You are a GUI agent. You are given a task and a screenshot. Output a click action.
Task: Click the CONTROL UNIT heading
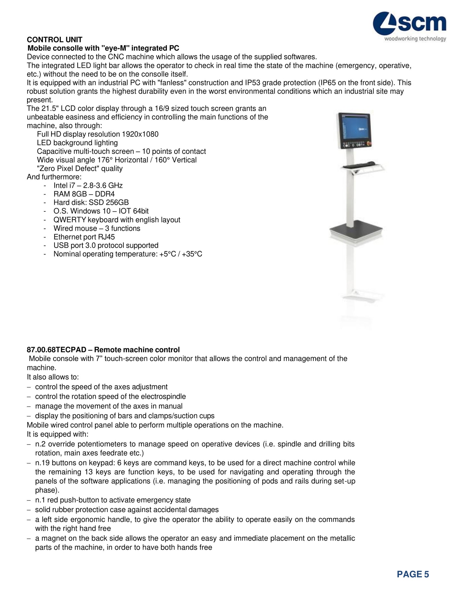54,40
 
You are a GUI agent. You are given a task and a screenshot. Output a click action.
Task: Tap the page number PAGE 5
413,574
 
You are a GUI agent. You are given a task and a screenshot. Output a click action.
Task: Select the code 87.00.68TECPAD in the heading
56,350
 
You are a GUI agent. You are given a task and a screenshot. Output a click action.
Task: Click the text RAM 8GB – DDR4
84,194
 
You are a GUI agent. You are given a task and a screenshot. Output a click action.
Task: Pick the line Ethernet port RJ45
84,237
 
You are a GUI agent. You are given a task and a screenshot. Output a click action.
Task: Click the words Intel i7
64,186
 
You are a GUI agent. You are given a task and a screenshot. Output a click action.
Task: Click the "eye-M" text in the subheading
115,48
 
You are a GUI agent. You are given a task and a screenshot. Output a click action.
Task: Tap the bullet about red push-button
113,500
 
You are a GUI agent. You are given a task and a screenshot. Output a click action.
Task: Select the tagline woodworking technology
415,39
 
